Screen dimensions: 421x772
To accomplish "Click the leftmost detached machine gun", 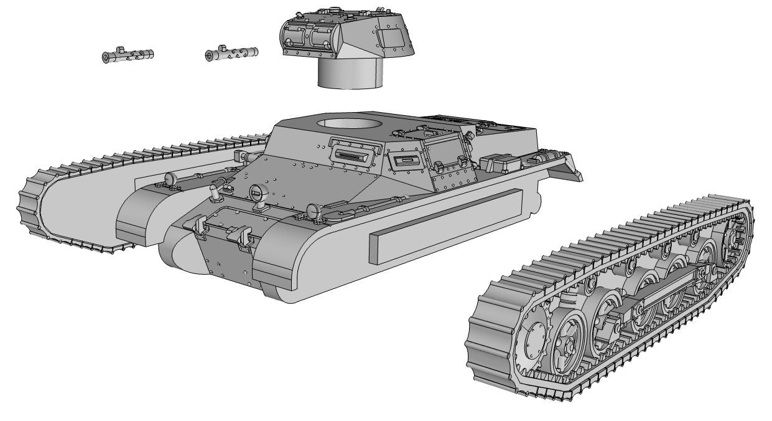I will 128,56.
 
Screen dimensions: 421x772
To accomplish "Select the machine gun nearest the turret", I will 231,54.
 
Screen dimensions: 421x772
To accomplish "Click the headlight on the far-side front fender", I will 170,178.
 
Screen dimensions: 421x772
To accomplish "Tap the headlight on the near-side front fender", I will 314,211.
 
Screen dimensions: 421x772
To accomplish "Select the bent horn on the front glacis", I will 215,189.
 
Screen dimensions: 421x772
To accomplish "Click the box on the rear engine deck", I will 505,163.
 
